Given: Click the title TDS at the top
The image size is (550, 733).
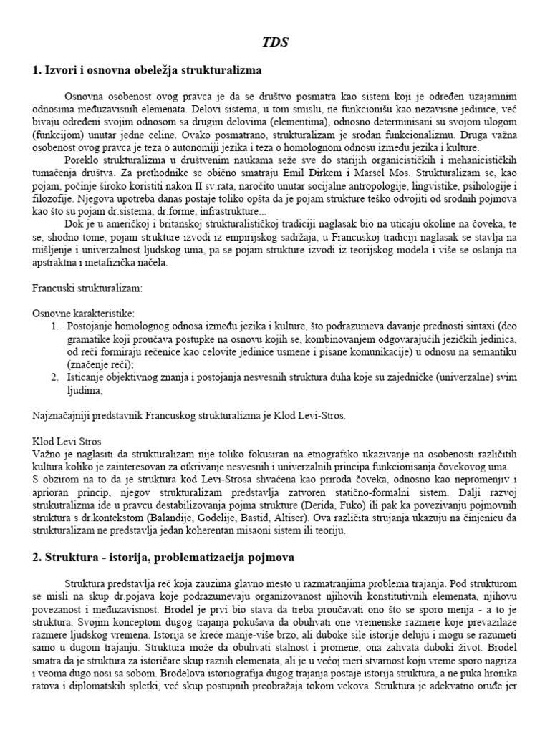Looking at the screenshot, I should coord(275,42).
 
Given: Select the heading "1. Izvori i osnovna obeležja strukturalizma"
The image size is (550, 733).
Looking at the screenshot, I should coord(148,70).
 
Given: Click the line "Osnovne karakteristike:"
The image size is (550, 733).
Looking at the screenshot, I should coord(83,314).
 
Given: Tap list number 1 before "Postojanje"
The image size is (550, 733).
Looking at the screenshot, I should coord(54,326).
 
